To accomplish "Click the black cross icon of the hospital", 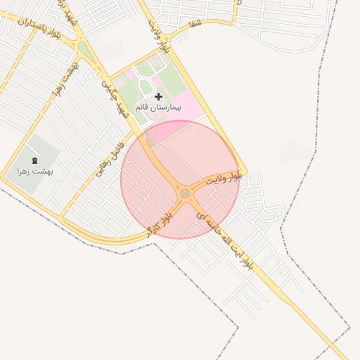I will (158, 96).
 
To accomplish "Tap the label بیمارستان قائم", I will (160, 109).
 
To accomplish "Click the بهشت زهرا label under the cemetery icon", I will (35, 170).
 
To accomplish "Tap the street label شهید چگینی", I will (115, 98).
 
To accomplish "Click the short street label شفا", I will (195, 24).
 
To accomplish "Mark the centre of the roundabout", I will (185, 193).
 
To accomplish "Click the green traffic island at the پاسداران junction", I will (86, 51).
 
